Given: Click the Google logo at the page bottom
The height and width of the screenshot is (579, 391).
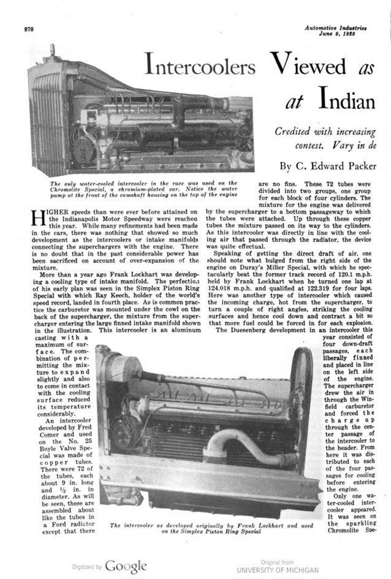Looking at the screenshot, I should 125,566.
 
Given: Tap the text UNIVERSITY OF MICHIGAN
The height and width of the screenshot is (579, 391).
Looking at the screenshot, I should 278,569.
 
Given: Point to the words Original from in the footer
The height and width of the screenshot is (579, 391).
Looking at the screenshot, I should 278,562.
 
